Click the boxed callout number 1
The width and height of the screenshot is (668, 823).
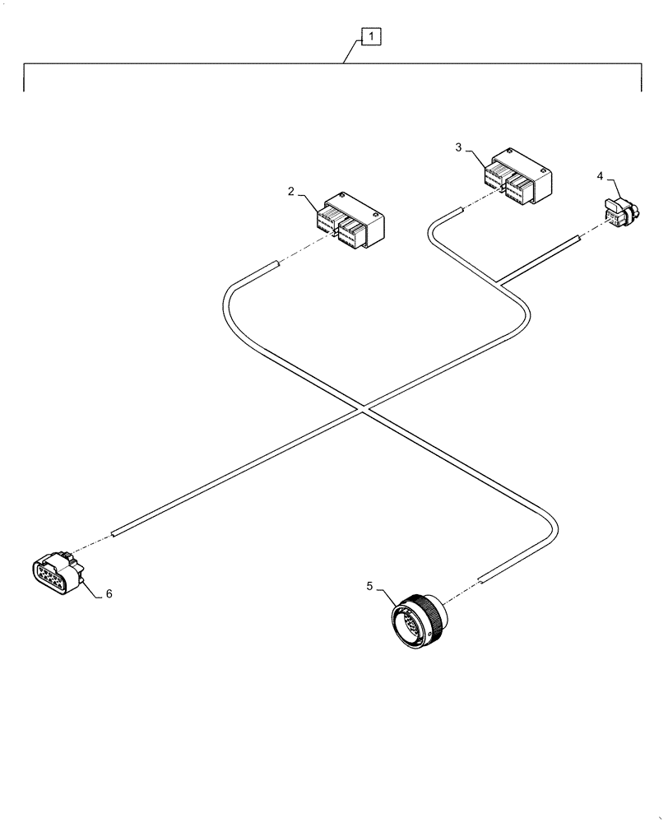[x=371, y=36]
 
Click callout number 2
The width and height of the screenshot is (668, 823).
[x=291, y=191]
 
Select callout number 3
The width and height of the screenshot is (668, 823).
[x=459, y=146]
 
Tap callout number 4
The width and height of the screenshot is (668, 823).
[x=600, y=175]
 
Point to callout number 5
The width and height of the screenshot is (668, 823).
[x=370, y=586]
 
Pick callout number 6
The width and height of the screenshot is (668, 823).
[x=109, y=593]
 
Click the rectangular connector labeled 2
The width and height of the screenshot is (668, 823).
[x=351, y=221]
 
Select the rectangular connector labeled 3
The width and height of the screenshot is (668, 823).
[x=517, y=176]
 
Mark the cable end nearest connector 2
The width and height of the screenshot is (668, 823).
[x=271, y=266]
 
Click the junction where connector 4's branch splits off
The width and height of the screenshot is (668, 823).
[x=501, y=282]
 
